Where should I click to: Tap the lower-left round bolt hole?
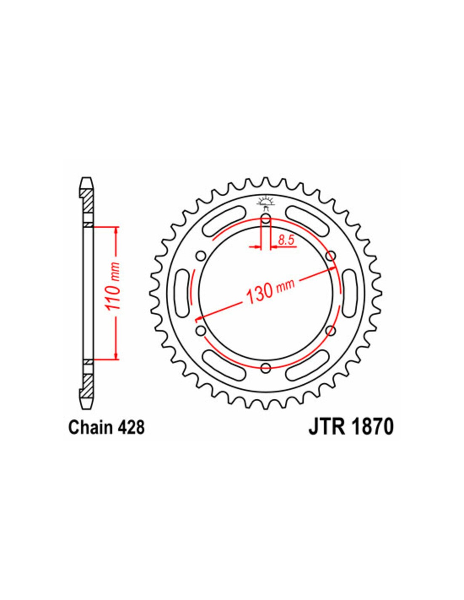201,330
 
